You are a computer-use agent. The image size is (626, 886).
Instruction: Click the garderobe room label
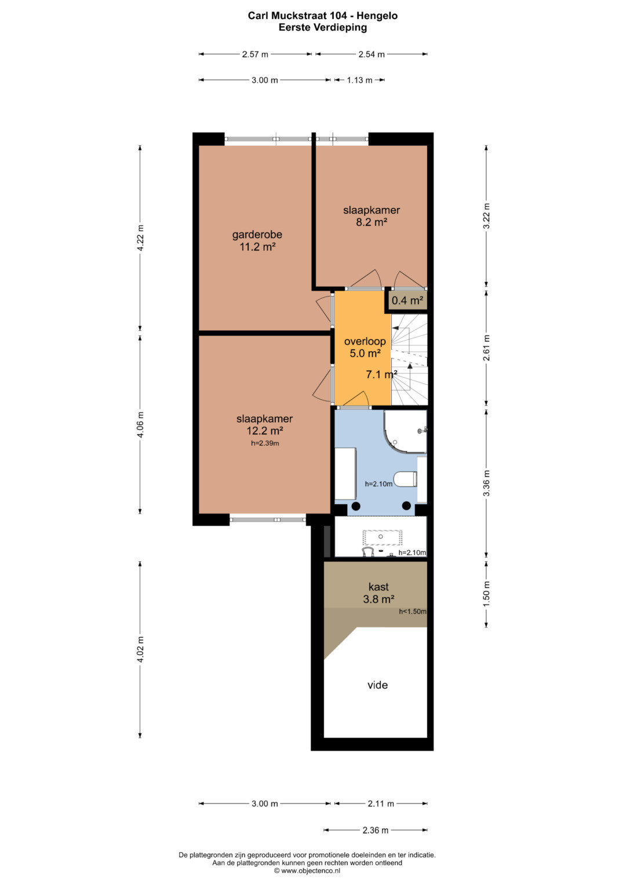[257, 234]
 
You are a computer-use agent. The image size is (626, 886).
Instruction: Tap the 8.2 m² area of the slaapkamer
[371, 222]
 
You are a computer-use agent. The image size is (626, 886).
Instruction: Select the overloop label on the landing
[365, 341]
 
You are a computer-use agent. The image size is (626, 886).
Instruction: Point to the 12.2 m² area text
[264, 431]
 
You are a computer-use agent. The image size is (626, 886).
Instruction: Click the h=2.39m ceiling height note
[265, 443]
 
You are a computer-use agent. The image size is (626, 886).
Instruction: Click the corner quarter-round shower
[405, 432]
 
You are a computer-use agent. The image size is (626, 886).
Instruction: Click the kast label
[378, 587]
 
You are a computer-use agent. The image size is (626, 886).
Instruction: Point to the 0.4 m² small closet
[407, 301]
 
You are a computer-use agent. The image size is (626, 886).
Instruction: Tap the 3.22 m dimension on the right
[486, 216]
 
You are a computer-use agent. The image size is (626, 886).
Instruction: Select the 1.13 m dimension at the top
[359, 80]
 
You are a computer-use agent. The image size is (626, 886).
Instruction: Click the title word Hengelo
[377, 16]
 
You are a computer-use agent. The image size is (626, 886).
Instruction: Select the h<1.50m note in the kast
[413, 612]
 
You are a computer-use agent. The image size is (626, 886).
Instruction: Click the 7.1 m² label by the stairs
[381, 374]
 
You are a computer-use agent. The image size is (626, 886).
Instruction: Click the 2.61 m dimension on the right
[486, 348]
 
